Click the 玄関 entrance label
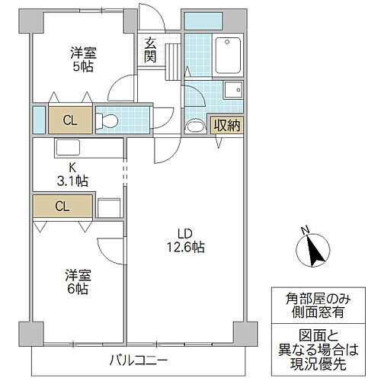point(149,50)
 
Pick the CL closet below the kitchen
point(62,206)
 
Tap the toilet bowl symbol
point(108,120)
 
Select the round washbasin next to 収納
point(195,126)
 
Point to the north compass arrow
point(310,251)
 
